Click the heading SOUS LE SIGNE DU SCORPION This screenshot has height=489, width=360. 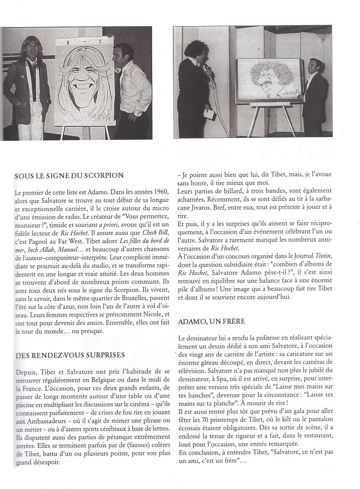pyautogui.click(x=69, y=175)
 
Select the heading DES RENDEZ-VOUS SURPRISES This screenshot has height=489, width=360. pyautogui.click(x=70, y=355)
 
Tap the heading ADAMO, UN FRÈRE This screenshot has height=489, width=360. pyautogui.click(x=211, y=321)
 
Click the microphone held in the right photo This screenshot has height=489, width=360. pyautogui.click(x=206, y=69)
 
